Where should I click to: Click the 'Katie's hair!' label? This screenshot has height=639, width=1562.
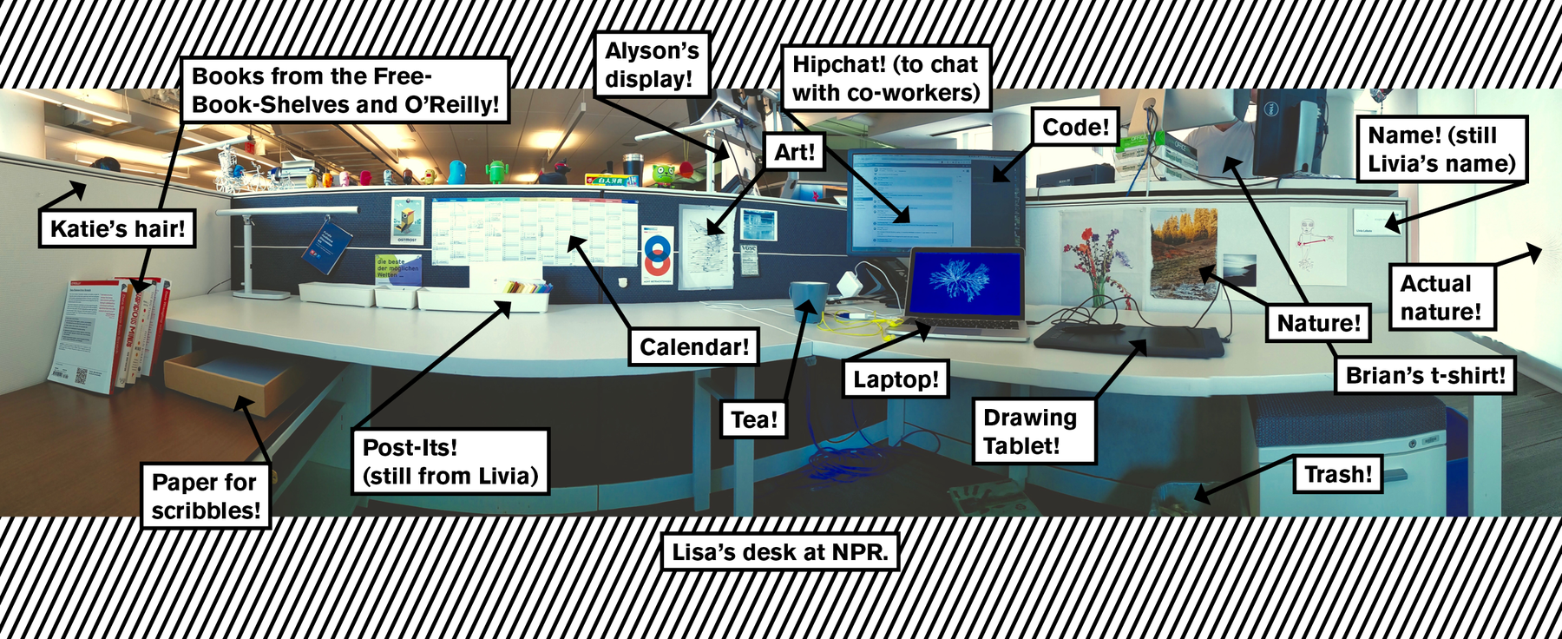117,229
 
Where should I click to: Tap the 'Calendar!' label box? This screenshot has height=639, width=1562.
693,347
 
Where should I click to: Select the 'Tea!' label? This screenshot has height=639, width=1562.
753,420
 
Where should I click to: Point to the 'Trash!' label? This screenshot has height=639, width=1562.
1337,475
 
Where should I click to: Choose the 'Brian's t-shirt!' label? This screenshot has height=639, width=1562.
1425,376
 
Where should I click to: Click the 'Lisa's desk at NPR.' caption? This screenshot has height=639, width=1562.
779,552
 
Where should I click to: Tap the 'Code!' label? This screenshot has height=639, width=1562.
1075,128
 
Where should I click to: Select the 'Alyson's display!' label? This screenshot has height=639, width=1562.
653,65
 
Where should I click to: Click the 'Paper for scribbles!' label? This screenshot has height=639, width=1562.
206,496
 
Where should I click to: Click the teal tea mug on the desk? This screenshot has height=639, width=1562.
807,301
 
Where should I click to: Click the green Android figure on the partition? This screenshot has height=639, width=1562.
496,171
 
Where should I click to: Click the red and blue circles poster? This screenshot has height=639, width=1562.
658,253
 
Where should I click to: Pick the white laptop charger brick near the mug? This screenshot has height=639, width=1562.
846,284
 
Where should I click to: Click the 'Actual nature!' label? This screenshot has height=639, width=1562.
1441,298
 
